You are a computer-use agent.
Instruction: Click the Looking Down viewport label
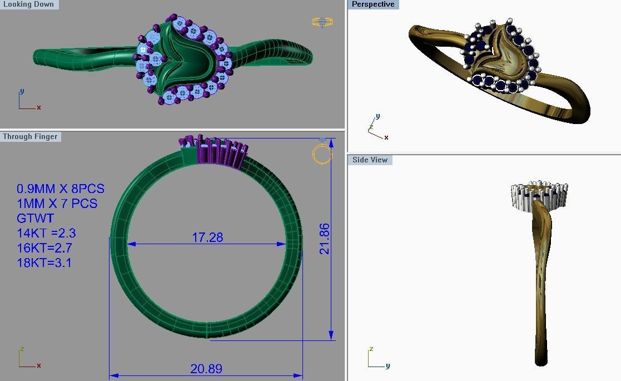[28, 4]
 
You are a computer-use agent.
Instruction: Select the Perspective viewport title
[373, 4]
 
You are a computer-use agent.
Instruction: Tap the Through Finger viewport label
[30, 136]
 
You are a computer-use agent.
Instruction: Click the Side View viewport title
[370, 160]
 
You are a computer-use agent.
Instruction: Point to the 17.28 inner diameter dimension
[207, 237]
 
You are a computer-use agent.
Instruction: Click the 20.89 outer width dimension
[206, 368]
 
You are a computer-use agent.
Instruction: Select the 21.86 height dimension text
[325, 239]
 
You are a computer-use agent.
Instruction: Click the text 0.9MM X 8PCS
[60, 189]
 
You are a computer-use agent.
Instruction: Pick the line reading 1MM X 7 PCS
[57, 204]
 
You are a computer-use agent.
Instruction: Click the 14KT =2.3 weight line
[44, 233]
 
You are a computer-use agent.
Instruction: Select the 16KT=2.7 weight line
[44, 248]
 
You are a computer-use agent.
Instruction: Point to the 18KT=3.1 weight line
[44, 263]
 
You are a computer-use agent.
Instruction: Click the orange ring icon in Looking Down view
[322, 22]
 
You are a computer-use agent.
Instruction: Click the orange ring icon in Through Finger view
[322, 154]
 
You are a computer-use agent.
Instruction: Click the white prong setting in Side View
[538, 196]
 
